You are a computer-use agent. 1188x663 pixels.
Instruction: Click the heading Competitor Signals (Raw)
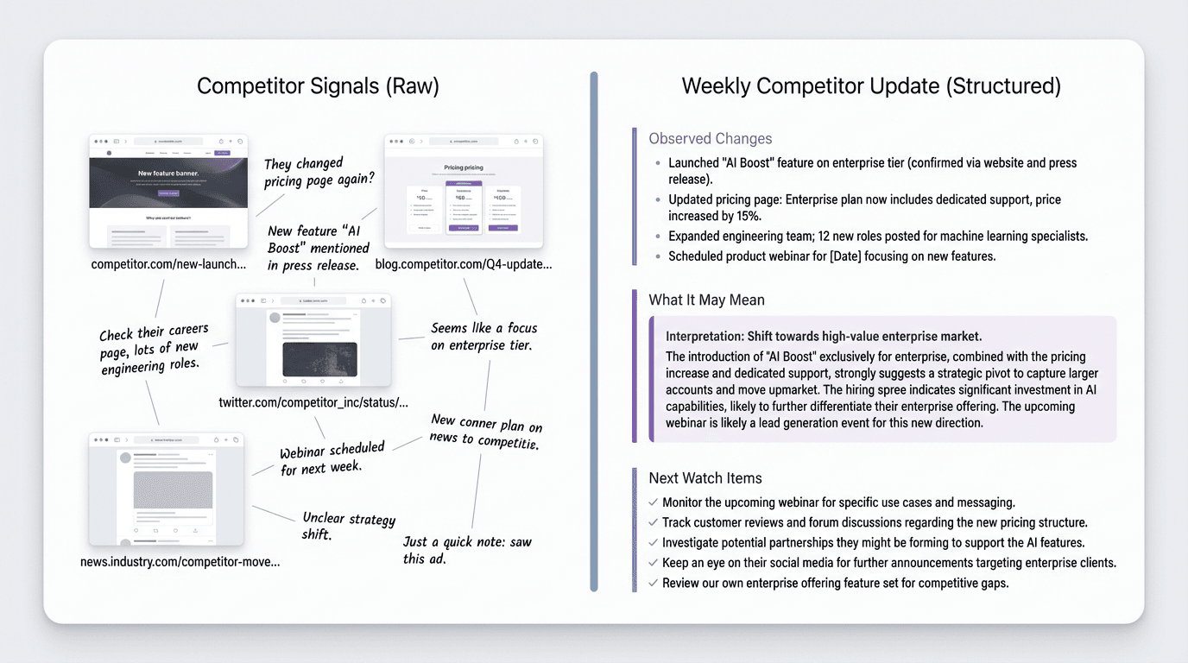point(318,86)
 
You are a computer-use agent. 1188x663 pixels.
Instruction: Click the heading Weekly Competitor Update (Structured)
point(871,86)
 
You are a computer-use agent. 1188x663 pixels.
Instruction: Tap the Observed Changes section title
point(710,138)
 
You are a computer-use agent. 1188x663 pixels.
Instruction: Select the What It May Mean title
point(706,300)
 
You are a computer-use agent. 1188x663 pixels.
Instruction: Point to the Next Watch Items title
point(705,478)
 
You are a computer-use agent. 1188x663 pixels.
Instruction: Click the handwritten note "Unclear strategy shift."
point(348,526)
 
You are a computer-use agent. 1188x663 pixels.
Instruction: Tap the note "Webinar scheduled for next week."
point(332,458)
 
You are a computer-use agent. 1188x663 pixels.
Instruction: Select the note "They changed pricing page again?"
point(319,171)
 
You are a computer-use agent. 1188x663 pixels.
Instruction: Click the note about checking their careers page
point(154,349)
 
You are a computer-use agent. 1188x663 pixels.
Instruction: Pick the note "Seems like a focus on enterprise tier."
point(483,337)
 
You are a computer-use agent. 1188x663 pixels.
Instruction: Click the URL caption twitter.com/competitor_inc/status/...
point(313,402)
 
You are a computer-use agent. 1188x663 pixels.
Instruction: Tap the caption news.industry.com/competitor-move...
point(180,562)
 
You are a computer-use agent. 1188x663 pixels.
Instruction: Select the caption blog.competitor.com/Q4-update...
point(463,264)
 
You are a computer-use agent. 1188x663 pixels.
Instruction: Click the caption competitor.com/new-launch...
point(168,264)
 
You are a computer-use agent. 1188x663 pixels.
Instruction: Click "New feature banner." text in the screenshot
point(168,174)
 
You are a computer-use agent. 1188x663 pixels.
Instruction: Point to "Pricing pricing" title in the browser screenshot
point(464,167)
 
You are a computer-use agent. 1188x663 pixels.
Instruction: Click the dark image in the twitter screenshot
point(319,359)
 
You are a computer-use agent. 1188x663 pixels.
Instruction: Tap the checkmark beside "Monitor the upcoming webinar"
point(654,502)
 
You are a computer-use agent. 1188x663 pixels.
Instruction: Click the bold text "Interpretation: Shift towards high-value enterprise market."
point(823,336)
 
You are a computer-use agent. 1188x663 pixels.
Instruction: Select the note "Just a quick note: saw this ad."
point(466,550)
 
